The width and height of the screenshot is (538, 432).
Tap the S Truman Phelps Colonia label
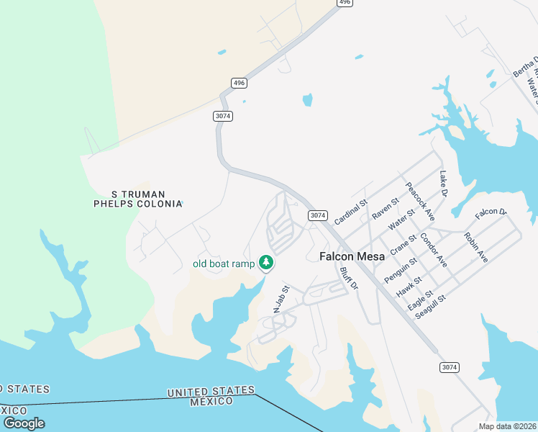[x=138, y=199]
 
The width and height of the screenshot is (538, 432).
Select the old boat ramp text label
[x=224, y=264]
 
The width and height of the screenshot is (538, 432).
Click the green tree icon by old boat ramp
[x=266, y=262]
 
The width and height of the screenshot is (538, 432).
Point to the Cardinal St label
[x=350, y=211]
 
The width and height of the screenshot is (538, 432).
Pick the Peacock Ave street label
[x=420, y=201]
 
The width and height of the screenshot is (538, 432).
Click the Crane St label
[x=403, y=245]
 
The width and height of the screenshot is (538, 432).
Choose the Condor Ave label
[x=434, y=251]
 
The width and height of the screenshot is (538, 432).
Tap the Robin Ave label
[x=475, y=247]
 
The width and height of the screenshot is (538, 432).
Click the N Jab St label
[x=281, y=299]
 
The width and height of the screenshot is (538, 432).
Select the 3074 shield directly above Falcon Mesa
[x=318, y=215]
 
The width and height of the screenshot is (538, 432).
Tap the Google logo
[x=24, y=423]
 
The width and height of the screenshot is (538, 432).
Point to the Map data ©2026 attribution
[x=507, y=426]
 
